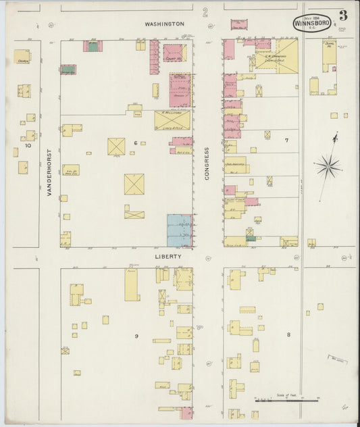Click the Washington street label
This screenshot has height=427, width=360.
tap(165, 24)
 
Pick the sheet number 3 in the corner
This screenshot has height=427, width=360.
tap(343, 16)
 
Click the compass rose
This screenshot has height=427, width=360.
tap(328, 164)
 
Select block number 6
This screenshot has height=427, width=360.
tap(135, 143)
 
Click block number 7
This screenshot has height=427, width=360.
tap(286, 141)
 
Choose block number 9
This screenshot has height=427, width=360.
tap(136, 336)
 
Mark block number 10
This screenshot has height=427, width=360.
tap(28, 145)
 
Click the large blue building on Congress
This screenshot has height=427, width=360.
tap(179, 230)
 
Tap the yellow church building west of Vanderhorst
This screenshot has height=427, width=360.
tap(22, 57)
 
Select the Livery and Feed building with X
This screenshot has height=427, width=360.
tap(172, 120)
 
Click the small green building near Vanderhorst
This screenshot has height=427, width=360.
tap(68, 69)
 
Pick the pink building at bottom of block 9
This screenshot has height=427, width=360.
tap(186, 412)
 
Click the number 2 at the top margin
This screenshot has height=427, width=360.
tap(205, 11)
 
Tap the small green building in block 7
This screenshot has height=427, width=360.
tap(250, 235)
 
